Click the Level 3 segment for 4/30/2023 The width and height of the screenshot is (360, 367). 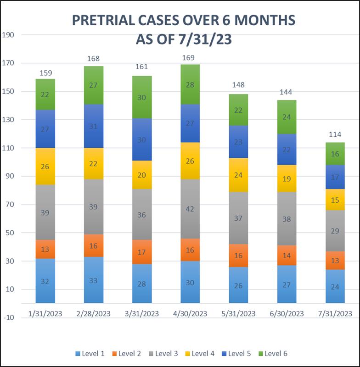pos(190,209)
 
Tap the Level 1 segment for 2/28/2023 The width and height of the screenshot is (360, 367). pos(93,280)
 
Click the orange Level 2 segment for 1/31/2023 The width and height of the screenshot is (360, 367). pos(45,249)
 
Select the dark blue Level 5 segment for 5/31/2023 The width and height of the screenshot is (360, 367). pos(238,142)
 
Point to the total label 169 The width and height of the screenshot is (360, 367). pos(189,58)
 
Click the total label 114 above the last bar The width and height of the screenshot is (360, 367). pos(335,135)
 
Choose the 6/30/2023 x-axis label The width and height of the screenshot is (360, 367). pos(287,314)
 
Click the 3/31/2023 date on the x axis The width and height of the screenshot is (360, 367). pos(142,314)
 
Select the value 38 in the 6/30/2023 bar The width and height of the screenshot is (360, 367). pos(287,219)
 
